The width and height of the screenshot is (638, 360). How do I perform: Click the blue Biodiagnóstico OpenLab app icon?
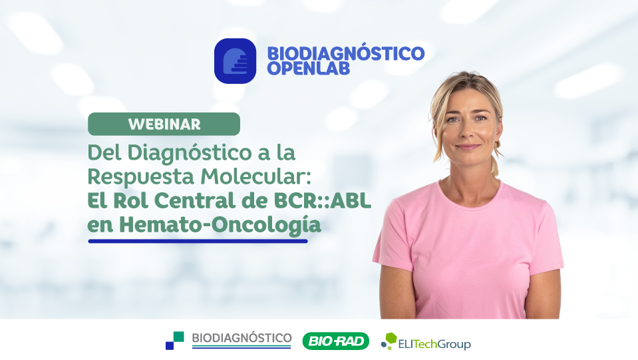tap(235, 61)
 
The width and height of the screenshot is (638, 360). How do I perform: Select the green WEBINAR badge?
tap(164, 124)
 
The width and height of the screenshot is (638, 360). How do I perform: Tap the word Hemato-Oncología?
tap(220, 224)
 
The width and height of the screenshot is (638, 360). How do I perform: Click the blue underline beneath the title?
tap(198, 241)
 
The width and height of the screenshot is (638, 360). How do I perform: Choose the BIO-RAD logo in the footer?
tap(335, 341)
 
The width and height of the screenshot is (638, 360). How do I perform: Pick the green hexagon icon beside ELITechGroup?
tap(388, 341)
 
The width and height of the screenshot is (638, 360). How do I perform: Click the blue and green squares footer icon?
tap(174, 341)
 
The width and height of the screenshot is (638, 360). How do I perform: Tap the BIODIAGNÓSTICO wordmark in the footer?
tap(241, 338)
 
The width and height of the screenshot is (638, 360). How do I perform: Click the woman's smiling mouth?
tap(468, 147)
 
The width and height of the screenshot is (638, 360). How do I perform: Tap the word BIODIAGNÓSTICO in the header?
tap(345, 53)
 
